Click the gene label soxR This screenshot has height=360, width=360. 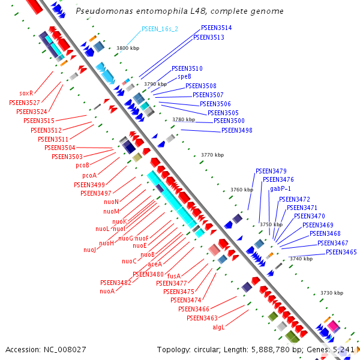(26, 93)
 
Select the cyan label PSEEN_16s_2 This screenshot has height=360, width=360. (160, 29)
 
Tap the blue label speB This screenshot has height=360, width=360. (184, 77)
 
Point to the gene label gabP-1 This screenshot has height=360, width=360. (280, 188)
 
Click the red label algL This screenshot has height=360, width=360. (218, 327)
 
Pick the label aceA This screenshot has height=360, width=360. (155, 264)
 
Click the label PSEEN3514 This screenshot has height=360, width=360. (217, 28)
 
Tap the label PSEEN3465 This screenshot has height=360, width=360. (341, 252)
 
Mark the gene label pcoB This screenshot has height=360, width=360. (82, 165)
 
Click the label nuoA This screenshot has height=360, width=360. (107, 291)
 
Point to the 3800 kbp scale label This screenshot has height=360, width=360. (128, 48)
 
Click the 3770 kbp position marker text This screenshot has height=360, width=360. (212, 155)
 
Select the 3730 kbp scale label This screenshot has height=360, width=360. (331, 293)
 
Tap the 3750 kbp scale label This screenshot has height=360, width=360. (271, 224)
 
